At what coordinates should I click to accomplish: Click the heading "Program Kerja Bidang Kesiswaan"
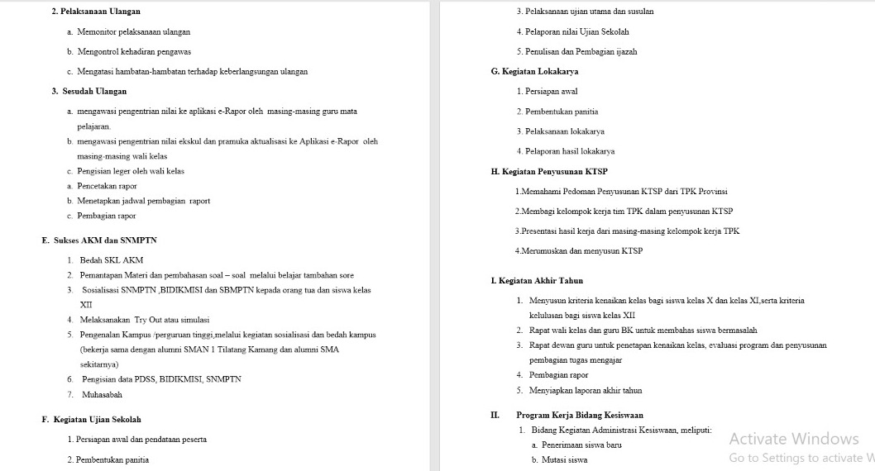point(580,415)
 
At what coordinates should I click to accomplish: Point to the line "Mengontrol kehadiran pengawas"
point(134,51)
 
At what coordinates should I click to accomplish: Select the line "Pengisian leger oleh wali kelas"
point(131,171)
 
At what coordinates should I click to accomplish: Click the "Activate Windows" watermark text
point(794,439)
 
